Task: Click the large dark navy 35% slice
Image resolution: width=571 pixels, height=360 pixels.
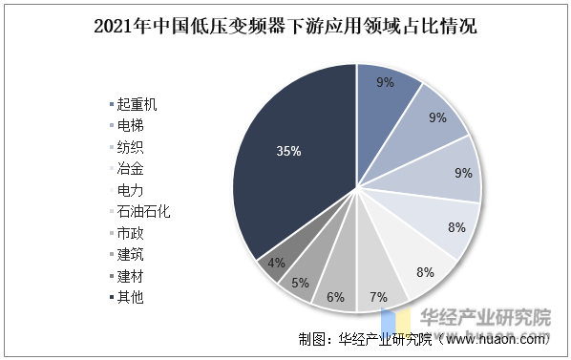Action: coord(286,162)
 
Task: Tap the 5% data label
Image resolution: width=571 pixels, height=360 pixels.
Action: coord(300,283)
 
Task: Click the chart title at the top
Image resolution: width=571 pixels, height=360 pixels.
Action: coord(285,27)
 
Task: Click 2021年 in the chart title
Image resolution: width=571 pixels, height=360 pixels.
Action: coord(119,27)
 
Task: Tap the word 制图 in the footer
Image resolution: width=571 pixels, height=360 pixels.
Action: coord(311,339)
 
